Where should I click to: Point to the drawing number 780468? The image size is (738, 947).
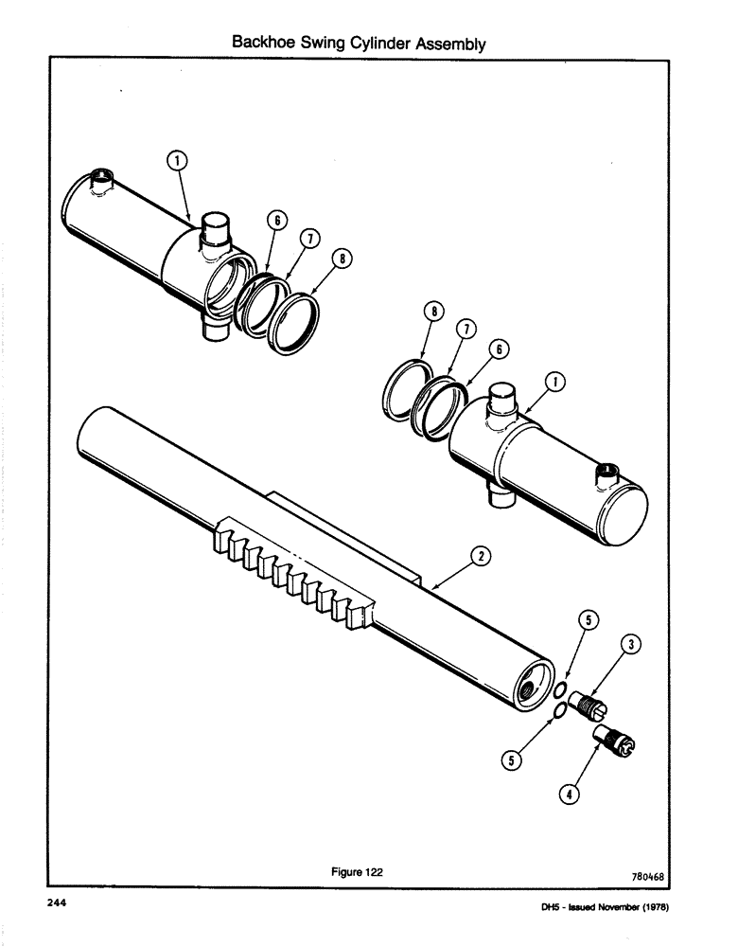point(646,877)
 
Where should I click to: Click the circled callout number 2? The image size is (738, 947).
point(482,558)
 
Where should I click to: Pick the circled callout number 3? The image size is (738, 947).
point(633,646)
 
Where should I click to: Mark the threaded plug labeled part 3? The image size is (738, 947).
point(591,707)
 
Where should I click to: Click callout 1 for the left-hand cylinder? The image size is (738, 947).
point(176,160)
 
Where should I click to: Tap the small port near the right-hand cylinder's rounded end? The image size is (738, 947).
point(605,472)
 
